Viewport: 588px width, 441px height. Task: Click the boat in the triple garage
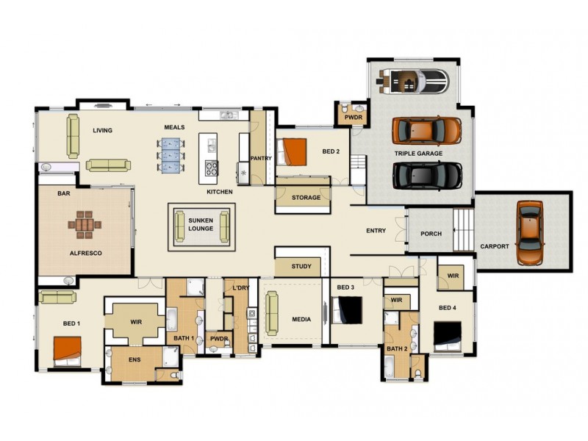pyautogui.click(x=413, y=82)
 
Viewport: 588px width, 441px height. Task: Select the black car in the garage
pyautogui.click(x=428, y=176)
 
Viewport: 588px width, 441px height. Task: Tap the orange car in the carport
pyautogui.click(x=530, y=232)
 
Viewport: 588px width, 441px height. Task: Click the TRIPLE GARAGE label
pyautogui.click(x=418, y=154)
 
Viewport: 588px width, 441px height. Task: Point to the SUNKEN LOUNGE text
pyautogui.click(x=201, y=225)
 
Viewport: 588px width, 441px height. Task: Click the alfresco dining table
pyautogui.click(x=85, y=225)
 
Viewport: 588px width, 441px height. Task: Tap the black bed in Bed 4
pyautogui.click(x=448, y=336)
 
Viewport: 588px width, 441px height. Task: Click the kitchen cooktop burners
pyautogui.click(x=212, y=168)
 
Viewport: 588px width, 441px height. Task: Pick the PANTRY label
pyautogui.click(x=261, y=158)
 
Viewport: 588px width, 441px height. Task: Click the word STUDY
pyautogui.click(x=301, y=266)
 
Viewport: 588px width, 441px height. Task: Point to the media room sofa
pyautogui.click(x=272, y=313)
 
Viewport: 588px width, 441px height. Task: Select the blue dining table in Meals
pyautogui.click(x=171, y=156)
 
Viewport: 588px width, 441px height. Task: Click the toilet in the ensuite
pyautogui.click(x=175, y=375)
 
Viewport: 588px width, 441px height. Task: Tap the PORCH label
pyautogui.click(x=431, y=234)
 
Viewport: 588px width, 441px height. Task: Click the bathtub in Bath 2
pyautogui.click(x=389, y=366)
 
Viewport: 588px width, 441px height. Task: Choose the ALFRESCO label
pyautogui.click(x=85, y=253)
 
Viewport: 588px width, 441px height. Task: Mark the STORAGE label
pyautogui.click(x=306, y=197)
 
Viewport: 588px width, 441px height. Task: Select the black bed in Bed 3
pyautogui.click(x=346, y=310)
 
